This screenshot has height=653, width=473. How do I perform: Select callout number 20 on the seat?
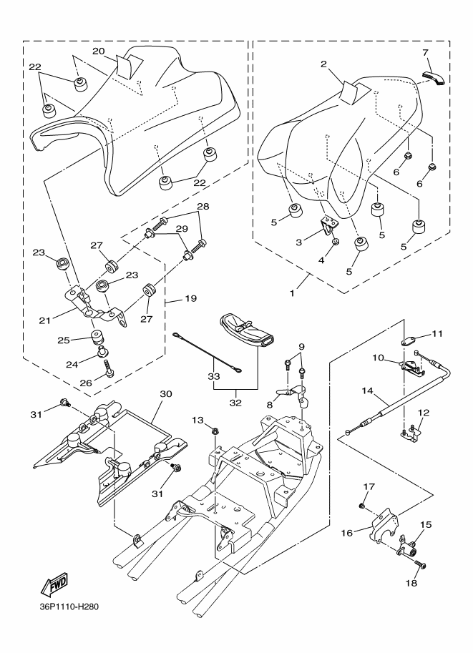[x=99, y=51]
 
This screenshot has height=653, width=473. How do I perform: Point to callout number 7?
[x=425, y=53]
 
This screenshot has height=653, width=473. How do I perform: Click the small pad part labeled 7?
[x=433, y=76]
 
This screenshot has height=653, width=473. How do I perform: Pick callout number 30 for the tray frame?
[x=166, y=394]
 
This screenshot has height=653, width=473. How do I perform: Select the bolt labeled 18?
[x=419, y=566]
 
